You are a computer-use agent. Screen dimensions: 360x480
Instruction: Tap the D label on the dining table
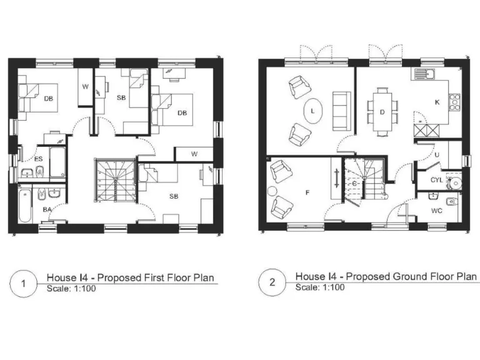pos(382,112)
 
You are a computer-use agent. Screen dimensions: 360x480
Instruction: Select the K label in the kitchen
pos(437,101)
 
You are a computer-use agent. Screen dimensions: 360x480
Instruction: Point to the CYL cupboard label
pos(437,181)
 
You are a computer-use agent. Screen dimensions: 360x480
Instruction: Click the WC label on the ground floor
pos(436,211)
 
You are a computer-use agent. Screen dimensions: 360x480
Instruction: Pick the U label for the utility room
pos(437,154)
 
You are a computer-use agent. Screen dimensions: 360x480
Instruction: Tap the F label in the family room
pos(307,193)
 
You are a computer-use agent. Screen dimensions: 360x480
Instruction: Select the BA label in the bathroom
pos(46,210)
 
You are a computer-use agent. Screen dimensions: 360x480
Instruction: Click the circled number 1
pos(23,283)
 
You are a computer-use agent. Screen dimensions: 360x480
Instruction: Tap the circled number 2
pos(272,282)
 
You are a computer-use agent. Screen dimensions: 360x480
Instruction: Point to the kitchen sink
pos(423,76)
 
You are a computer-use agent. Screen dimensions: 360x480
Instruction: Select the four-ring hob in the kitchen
pos(455,100)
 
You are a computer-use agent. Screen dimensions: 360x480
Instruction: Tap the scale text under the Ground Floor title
pos(319,287)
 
